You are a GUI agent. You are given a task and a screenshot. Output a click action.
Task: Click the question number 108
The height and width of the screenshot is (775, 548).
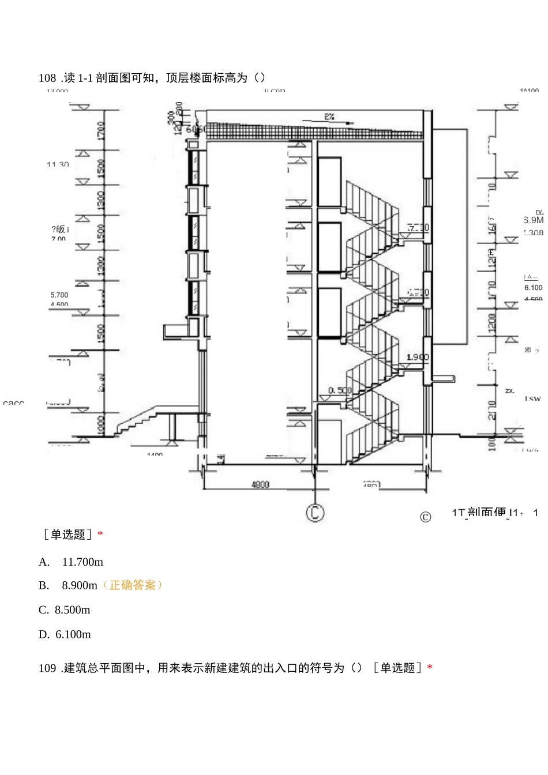47,78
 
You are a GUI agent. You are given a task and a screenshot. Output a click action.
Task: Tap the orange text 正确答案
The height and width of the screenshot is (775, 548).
132,585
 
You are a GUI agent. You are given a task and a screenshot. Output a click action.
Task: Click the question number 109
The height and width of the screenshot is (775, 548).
47,668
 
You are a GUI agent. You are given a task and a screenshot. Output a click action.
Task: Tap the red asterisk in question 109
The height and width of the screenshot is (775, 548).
430,668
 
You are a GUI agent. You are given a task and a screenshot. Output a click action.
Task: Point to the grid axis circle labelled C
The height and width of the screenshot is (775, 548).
315,512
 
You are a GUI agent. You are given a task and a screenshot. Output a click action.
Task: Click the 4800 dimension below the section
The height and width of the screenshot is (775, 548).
260,484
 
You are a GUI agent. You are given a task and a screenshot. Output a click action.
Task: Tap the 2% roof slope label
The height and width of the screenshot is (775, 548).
329,116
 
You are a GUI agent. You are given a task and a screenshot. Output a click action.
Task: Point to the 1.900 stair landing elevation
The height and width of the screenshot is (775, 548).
418,357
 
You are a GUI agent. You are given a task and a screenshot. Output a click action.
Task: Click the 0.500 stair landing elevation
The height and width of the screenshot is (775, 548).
340,390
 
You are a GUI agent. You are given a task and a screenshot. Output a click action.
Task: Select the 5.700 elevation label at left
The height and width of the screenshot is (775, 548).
59,295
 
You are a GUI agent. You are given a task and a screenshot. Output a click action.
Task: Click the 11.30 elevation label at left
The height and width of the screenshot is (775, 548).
58,164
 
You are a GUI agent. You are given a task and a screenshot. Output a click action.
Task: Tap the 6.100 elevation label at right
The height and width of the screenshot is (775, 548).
533,287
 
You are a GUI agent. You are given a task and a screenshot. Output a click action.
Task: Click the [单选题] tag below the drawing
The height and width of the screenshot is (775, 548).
68,535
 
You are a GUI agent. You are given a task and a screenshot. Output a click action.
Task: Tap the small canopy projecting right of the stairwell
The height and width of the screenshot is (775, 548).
443,378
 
